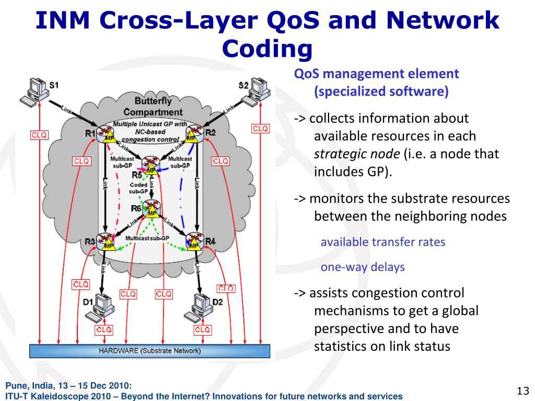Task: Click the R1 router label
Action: click(x=90, y=133)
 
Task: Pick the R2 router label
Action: click(x=210, y=133)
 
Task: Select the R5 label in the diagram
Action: click(x=137, y=174)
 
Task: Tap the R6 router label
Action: click(x=136, y=208)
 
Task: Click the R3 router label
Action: click(x=90, y=241)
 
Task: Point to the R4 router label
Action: click(x=211, y=241)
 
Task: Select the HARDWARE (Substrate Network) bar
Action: click(x=149, y=351)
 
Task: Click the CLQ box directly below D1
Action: click(x=103, y=330)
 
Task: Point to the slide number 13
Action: click(x=523, y=391)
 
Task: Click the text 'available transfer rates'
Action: click(x=382, y=242)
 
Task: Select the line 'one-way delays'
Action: click(x=363, y=267)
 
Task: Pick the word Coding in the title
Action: click(x=267, y=49)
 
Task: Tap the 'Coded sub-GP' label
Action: click(x=138, y=188)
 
